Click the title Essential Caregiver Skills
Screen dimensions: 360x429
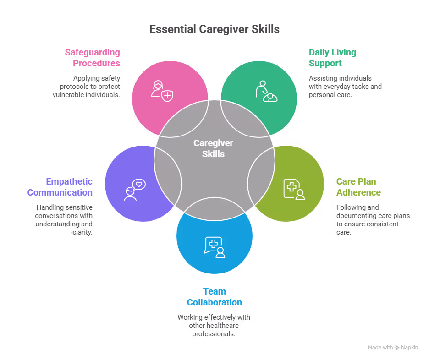[214, 29]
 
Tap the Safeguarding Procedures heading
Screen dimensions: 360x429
[92, 58]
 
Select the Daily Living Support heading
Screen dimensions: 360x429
[332, 58]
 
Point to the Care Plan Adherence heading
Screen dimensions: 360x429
[358, 187]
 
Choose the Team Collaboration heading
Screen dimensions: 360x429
[214, 297]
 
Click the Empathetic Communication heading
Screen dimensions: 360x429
[60, 187]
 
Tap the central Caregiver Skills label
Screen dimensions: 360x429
[213, 148]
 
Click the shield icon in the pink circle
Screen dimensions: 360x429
[162, 90]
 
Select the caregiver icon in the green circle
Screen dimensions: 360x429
[266, 91]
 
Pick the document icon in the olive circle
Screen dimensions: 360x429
[294, 188]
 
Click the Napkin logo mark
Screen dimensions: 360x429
[397, 348]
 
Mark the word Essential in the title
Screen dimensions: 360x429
[172, 29]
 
